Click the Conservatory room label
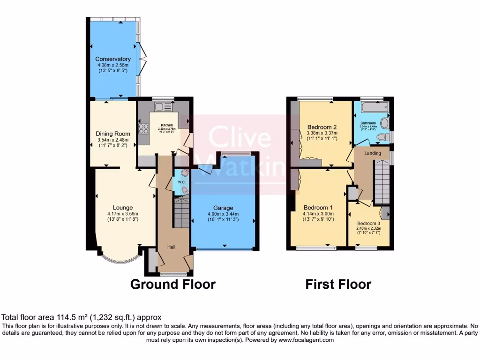pyautogui.click(x=112, y=59)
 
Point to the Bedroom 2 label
pyautogui.click(x=322, y=127)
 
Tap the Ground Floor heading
pyautogui.click(x=172, y=284)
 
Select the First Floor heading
pyautogui.click(x=338, y=284)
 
